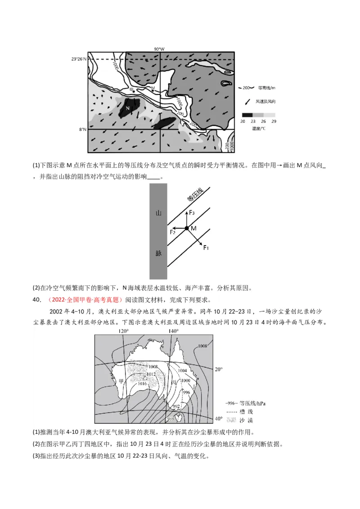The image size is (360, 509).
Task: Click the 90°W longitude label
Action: point(160,49)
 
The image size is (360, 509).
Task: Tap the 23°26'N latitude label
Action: point(79,59)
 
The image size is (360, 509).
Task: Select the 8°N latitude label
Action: point(82,129)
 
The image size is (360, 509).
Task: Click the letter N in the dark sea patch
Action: point(127,108)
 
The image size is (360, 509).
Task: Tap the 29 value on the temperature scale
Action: point(274,121)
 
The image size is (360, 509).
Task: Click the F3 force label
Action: point(192,212)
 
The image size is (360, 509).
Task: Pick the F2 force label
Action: point(172,232)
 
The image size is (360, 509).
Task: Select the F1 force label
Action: point(206,248)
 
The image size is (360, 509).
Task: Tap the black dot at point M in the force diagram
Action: point(186,228)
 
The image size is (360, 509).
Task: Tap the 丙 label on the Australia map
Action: point(174,383)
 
